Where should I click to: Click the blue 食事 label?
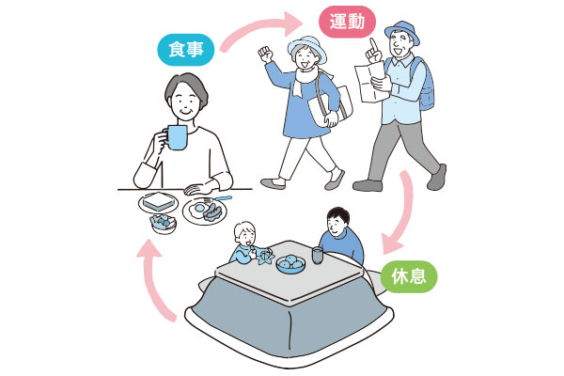(x=186, y=50)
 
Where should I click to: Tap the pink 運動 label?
(x=348, y=22)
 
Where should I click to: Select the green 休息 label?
(x=409, y=276)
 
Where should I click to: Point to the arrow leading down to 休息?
(x=404, y=212)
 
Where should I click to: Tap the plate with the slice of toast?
(x=158, y=203)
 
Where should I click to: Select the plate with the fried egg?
(x=204, y=211)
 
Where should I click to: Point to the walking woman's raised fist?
(x=265, y=55)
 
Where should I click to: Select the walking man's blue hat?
(x=402, y=31)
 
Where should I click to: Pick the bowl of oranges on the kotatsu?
(x=290, y=265)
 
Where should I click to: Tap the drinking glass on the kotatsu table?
(x=317, y=255)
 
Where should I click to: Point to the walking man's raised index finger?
(x=373, y=45)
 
